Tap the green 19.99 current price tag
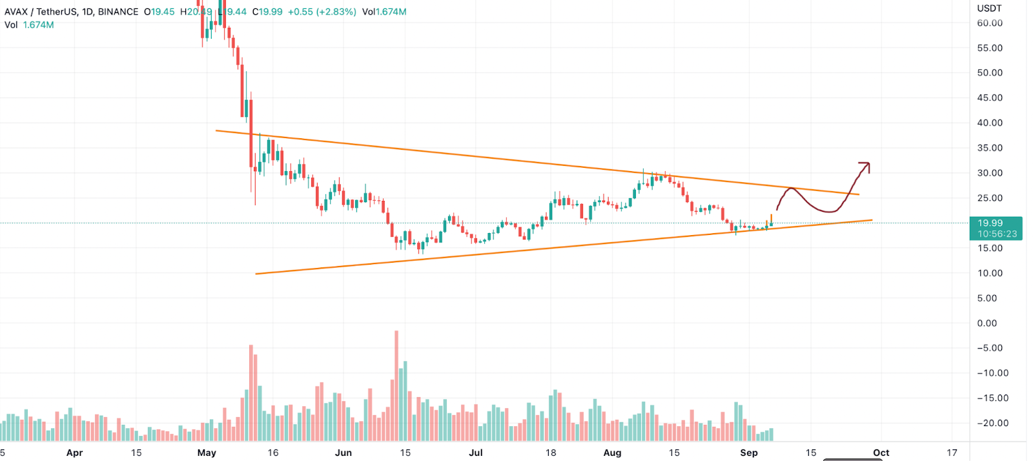click(990, 223)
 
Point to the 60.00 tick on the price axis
click(990, 23)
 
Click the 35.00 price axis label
click(990, 148)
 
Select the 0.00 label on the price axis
click(987, 323)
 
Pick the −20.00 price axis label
click(992, 423)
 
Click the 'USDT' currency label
click(989, 8)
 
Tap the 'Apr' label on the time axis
click(74, 453)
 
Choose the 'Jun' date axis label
click(343, 453)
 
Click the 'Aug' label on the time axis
click(612, 453)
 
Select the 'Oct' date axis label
click(881, 453)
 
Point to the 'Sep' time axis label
click(749, 453)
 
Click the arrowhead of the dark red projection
click(866, 165)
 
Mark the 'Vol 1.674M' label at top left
click(29, 25)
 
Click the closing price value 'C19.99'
click(267, 12)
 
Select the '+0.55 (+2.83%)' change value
click(322, 12)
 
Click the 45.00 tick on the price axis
click(990, 98)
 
